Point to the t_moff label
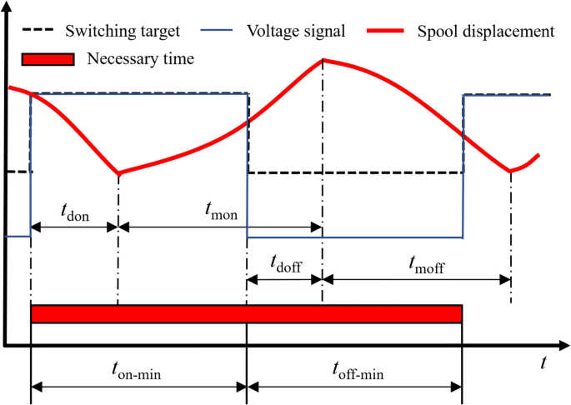coord(426,265)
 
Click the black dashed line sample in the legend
coord(39,32)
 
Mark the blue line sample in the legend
coord(218,32)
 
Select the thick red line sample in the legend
coord(393,32)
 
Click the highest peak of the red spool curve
coord(323,60)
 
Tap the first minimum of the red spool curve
coord(119,173)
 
